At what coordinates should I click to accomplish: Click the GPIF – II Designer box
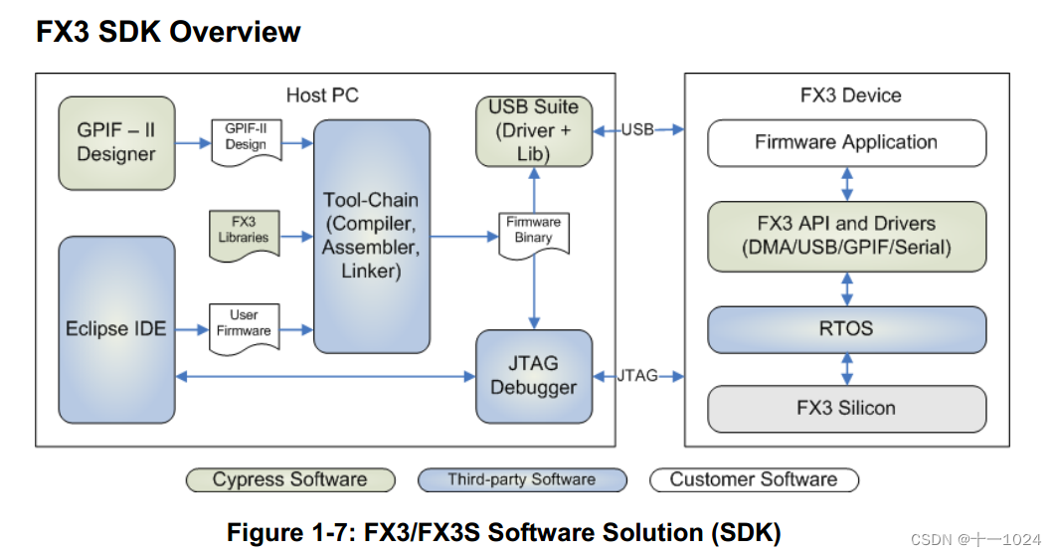click(116, 143)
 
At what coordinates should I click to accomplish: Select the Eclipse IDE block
click(116, 329)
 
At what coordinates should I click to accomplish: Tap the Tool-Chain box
click(372, 236)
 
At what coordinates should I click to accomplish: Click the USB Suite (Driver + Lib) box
click(533, 130)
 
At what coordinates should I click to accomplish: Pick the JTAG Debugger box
click(533, 376)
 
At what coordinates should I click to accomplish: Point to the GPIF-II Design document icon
click(246, 137)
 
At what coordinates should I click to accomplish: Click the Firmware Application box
click(846, 142)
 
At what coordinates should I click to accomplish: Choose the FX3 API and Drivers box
click(846, 236)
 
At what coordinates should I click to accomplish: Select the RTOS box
click(846, 329)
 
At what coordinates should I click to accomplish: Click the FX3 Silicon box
click(846, 408)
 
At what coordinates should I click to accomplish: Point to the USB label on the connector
click(637, 129)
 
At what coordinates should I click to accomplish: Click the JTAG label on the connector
click(637, 376)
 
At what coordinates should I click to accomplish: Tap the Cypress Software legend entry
click(289, 480)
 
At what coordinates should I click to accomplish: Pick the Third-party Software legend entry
click(521, 480)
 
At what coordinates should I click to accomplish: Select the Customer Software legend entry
click(753, 480)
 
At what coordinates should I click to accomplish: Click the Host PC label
click(322, 95)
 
